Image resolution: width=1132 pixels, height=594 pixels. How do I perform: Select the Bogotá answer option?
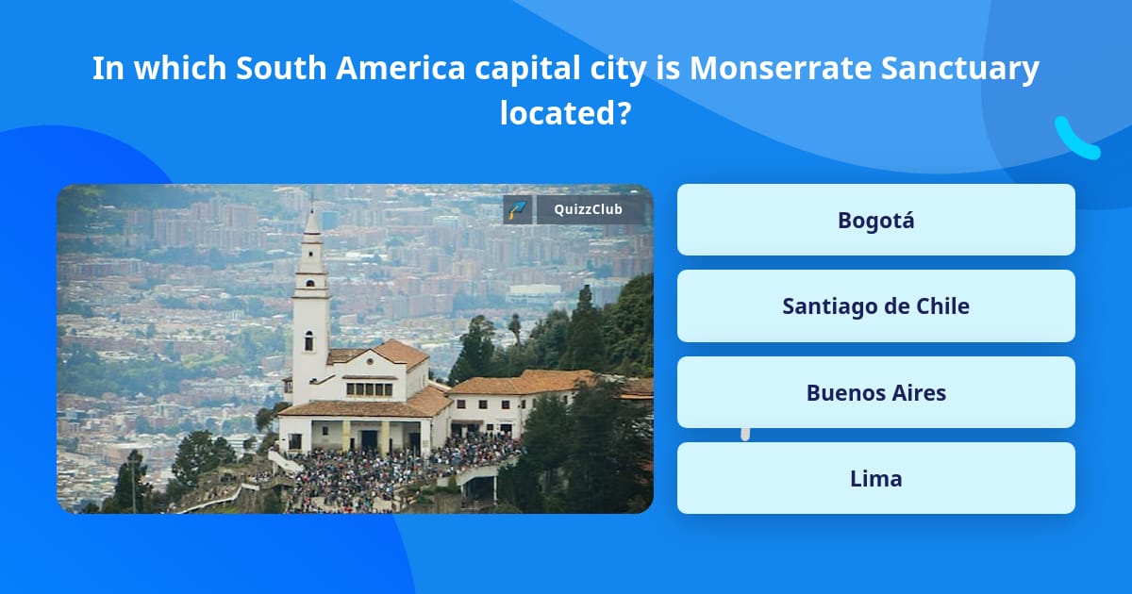[875, 220]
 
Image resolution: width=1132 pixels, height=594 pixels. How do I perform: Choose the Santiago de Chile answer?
[875, 306]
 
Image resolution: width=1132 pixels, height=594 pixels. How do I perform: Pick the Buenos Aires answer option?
[875, 392]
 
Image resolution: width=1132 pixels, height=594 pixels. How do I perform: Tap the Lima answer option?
[875, 479]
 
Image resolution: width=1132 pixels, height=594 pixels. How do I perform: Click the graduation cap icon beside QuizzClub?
[517, 209]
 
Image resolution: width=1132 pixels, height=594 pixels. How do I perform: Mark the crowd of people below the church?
[396, 471]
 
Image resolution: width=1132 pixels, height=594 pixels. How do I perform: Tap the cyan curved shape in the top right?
[1076, 139]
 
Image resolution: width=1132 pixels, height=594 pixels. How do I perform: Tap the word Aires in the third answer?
[914, 392]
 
